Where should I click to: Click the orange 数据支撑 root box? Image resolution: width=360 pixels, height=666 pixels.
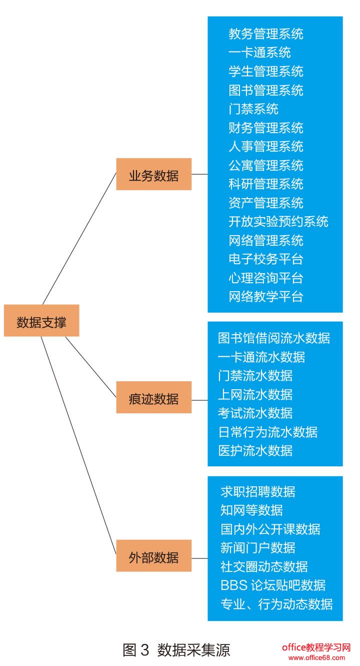click(x=41, y=320)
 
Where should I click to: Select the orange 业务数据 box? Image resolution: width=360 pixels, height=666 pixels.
click(x=153, y=174)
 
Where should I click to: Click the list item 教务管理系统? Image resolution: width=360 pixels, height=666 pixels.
click(x=265, y=34)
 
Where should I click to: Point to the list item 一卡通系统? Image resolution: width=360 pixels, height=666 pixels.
click(x=259, y=53)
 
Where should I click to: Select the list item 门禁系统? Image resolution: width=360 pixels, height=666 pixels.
click(x=253, y=109)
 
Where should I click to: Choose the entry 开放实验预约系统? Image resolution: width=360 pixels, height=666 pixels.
click(x=278, y=222)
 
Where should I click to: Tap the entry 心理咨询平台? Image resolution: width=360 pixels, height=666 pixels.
click(x=265, y=278)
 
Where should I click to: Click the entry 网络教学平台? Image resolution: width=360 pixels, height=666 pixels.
click(x=265, y=297)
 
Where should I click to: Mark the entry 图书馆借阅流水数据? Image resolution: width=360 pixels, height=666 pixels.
click(x=274, y=338)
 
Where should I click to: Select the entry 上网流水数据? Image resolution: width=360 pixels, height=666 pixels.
click(x=255, y=394)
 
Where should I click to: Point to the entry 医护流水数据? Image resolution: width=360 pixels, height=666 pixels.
click(x=255, y=450)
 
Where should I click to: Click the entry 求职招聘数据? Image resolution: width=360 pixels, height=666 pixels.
click(x=257, y=491)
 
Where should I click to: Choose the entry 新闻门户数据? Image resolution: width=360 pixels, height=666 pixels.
click(x=257, y=548)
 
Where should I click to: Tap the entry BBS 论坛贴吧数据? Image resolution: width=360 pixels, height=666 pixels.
click(x=273, y=585)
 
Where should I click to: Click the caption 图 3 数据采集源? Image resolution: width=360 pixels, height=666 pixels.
click(x=176, y=650)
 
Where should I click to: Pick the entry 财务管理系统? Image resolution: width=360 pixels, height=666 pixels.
click(x=265, y=128)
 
